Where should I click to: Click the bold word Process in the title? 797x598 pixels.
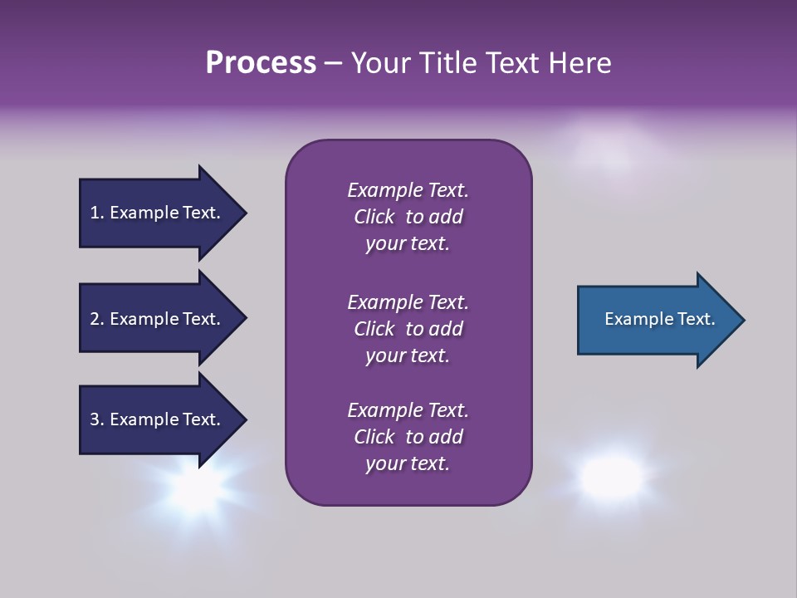[x=261, y=63]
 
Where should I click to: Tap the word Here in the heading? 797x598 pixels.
[x=579, y=63]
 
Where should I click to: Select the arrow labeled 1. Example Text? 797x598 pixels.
[x=158, y=213]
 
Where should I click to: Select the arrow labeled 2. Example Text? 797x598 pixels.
[x=158, y=319]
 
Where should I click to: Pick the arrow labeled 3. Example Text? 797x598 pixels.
[x=158, y=419]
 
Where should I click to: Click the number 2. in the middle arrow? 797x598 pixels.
[x=97, y=319]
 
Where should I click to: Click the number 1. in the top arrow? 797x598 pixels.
[x=96, y=213]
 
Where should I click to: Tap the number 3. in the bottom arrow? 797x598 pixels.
[x=97, y=419]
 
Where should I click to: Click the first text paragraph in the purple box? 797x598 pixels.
[x=408, y=217]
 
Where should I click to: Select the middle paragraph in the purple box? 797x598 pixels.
[x=408, y=329]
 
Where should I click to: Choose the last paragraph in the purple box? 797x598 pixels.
[x=408, y=437]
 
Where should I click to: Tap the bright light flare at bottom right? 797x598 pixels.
[x=612, y=476]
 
